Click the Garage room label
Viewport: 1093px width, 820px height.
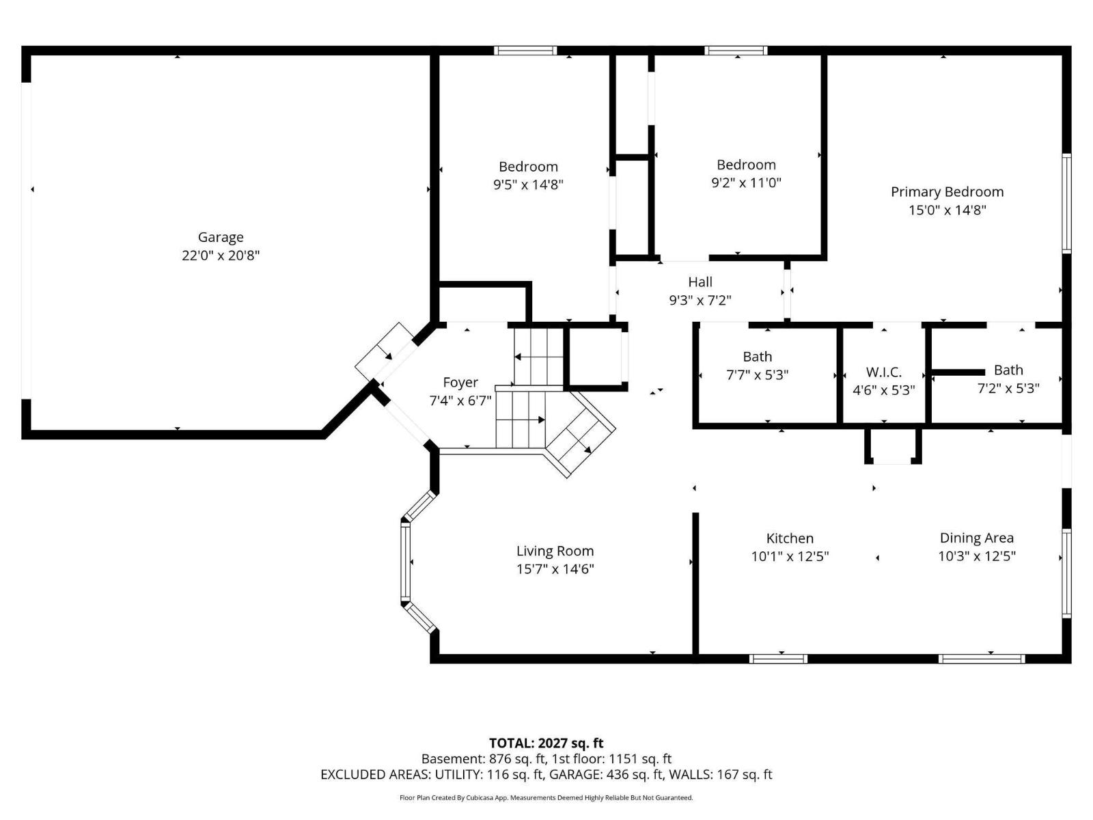(221, 238)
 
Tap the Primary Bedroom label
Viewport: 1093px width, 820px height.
(947, 192)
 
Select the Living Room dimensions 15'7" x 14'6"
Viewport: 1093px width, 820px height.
(555, 569)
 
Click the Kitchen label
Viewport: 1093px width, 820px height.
(790, 538)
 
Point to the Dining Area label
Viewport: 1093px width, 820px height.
(976, 538)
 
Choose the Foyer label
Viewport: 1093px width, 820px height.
(460, 383)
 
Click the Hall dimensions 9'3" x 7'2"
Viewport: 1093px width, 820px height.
(700, 300)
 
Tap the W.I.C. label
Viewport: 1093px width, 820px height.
(884, 372)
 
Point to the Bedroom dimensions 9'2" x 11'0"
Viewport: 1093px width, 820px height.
(746, 182)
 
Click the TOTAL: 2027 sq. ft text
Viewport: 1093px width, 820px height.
(546, 743)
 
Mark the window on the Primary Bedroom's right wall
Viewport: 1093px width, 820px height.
(1066, 204)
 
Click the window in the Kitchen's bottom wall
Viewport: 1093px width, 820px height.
(778, 659)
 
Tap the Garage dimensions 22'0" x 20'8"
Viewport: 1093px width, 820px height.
(221, 256)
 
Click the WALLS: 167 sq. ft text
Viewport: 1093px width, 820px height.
(721, 775)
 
